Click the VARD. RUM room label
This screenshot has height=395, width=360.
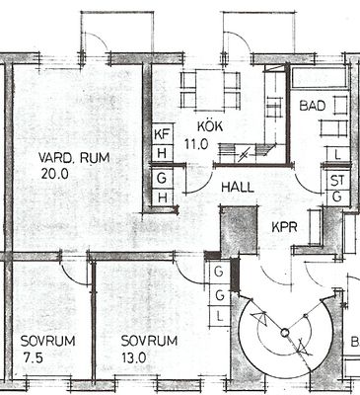pyautogui.click(x=74, y=158)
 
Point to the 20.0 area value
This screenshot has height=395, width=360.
pyautogui.click(x=55, y=174)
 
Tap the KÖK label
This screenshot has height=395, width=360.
pyautogui.click(x=210, y=126)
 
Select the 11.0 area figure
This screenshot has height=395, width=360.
pyautogui.click(x=196, y=144)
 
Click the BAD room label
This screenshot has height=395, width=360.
pyautogui.click(x=313, y=106)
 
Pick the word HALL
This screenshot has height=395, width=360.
pyautogui.click(x=238, y=188)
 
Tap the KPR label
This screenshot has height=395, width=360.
pyautogui.click(x=284, y=227)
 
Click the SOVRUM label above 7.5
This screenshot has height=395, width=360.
pyautogui.click(x=47, y=341)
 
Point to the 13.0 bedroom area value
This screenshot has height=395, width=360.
pyautogui.click(x=134, y=357)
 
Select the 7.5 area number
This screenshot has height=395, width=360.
pyautogui.click(x=33, y=357)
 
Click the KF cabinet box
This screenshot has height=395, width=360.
pyautogui.click(x=162, y=134)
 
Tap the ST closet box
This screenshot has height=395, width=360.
pyautogui.click(x=337, y=180)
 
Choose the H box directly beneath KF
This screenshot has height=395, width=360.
pyautogui.click(x=162, y=153)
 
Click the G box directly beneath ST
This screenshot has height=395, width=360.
pyautogui.click(x=337, y=197)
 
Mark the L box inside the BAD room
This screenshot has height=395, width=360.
pyautogui.click(x=337, y=155)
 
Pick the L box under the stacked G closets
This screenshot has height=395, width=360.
pyautogui.click(x=220, y=317)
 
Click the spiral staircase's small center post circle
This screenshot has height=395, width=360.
pyautogui.click(x=285, y=333)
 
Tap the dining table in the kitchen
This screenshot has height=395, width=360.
pyautogui.click(x=210, y=90)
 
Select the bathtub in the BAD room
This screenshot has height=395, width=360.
pyautogui.click(x=320, y=78)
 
